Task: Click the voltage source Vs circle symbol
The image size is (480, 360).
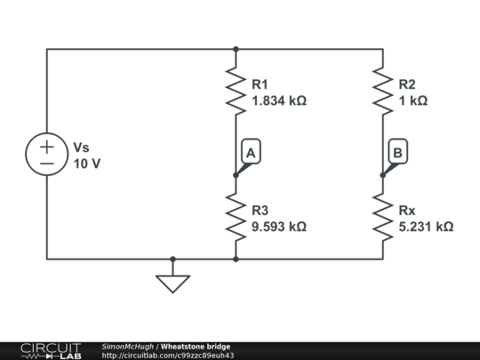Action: point(47,154)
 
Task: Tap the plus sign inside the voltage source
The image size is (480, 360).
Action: point(47,146)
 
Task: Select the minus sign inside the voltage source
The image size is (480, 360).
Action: point(47,164)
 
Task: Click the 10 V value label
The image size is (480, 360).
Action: point(86,164)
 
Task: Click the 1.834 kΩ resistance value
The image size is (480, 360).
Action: point(279,101)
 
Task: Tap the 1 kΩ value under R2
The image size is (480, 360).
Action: point(413,101)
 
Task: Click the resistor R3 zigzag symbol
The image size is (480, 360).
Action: point(236,218)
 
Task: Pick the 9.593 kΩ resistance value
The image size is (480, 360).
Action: point(279,227)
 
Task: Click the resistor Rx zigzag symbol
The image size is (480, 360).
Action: point(383,218)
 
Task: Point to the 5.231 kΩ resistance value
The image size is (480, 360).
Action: point(427,227)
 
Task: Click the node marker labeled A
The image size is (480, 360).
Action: point(250,154)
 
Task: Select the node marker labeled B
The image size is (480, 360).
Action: point(397,154)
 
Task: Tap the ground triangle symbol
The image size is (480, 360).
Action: point(172,283)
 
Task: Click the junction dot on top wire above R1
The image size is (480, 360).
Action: point(236,49)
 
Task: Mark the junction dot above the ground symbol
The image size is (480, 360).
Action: point(172,260)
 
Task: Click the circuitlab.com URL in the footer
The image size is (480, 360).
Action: point(168,356)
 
